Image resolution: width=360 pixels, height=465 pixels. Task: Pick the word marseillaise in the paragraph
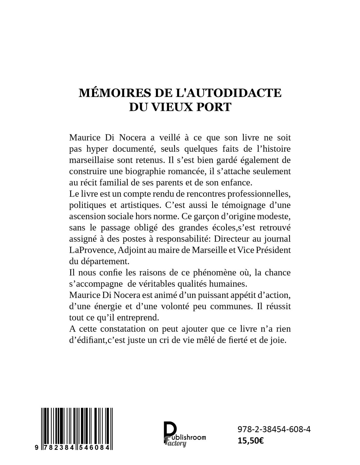pyautogui.click(x=90, y=161)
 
